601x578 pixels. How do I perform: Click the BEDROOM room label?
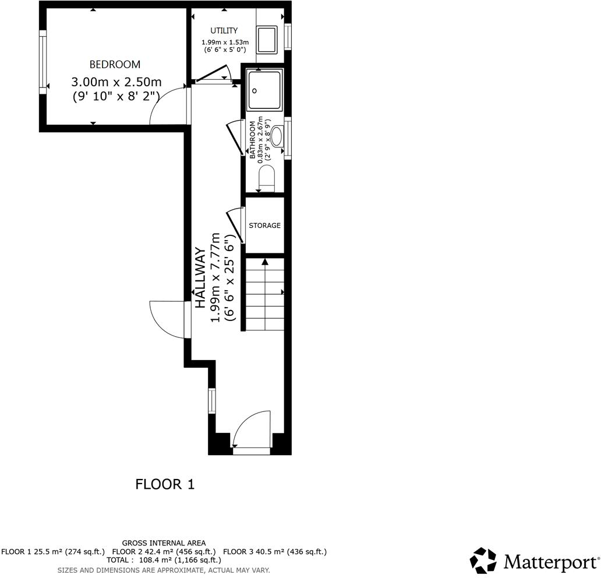pyautogui.click(x=115, y=65)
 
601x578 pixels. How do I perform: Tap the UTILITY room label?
pyautogui.click(x=224, y=31)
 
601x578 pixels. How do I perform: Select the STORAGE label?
pyautogui.click(x=264, y=225)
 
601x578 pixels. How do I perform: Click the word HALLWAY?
pyautogui.click(x=200, y=278)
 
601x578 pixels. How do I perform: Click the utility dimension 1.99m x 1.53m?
pyautogui.click(x=225, y=42)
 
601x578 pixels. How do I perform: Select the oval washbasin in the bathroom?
pyautogui.click(x=277, y=136)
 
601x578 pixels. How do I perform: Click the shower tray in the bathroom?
pyautogui.click(x=265, y=90)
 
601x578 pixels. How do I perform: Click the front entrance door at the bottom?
pyautogui.click(x=252, y=431)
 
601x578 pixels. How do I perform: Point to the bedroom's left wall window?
pyautogui.click(x=43, y=62)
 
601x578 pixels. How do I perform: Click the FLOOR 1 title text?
pyautogui.click(x=165, y=484)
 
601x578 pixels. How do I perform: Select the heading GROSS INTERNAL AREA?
pyautogui.click(x=164, y=543)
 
